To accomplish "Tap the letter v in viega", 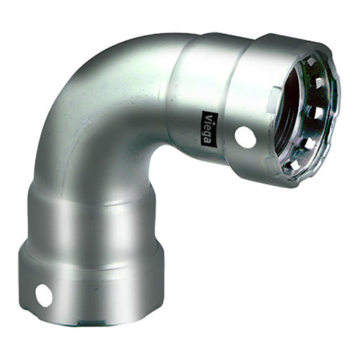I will (x=208, y=116).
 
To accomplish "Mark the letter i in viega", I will (x=208, y=121).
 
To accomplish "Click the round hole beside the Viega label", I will (x=245, y=136).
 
